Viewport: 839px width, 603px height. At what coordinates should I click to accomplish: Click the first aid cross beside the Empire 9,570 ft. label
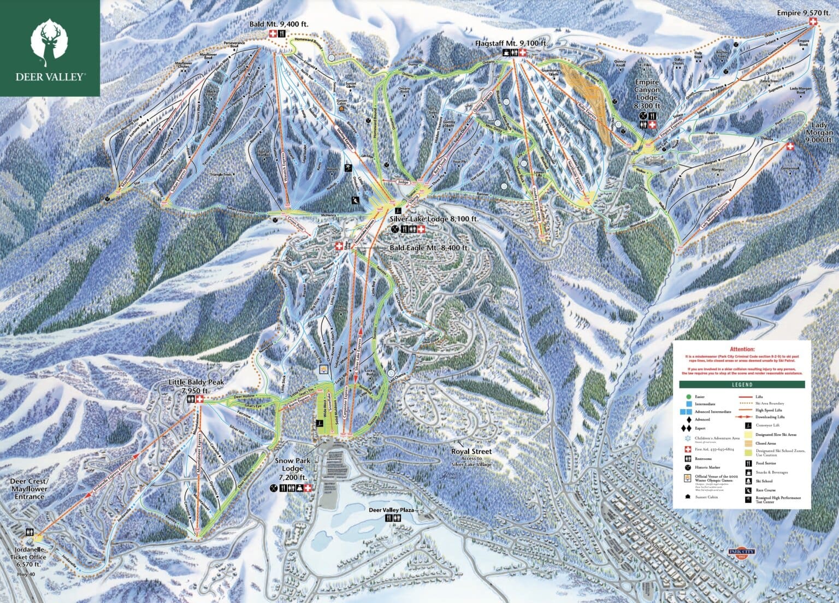click(x=814, y=21)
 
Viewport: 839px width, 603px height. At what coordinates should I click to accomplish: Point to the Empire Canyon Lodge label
click(x=647, y=94)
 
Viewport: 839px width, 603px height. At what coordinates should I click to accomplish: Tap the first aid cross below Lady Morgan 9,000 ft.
click(x=790, y=146)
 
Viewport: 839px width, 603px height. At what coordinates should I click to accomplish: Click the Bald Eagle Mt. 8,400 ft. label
click(x=429, y=247)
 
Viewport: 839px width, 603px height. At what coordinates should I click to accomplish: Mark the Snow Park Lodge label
click(x=294, y=469)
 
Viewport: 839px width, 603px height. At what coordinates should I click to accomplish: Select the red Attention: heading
click(x=742, y=348)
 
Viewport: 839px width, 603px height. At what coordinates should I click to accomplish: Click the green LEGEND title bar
click(x=742, y=385)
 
